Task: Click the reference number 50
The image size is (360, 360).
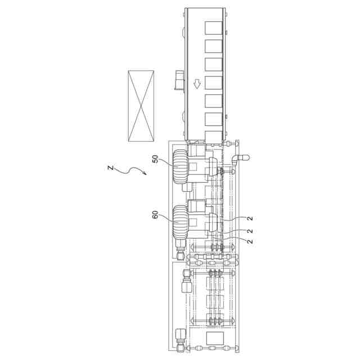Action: coord(155,159)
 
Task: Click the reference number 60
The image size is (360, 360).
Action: coord(155,215)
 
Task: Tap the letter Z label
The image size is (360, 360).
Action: coord(111,168)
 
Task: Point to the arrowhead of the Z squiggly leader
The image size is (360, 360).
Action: coord(145,173)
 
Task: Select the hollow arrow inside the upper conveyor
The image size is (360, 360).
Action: coord(197,84)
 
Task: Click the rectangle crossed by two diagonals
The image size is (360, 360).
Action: coord(141,106)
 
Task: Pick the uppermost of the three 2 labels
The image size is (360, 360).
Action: coord(250,218)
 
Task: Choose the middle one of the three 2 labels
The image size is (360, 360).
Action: coord(250,231)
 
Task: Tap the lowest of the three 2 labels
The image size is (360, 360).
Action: coord(250,241)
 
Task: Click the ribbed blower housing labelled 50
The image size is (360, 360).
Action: coord(181,166)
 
